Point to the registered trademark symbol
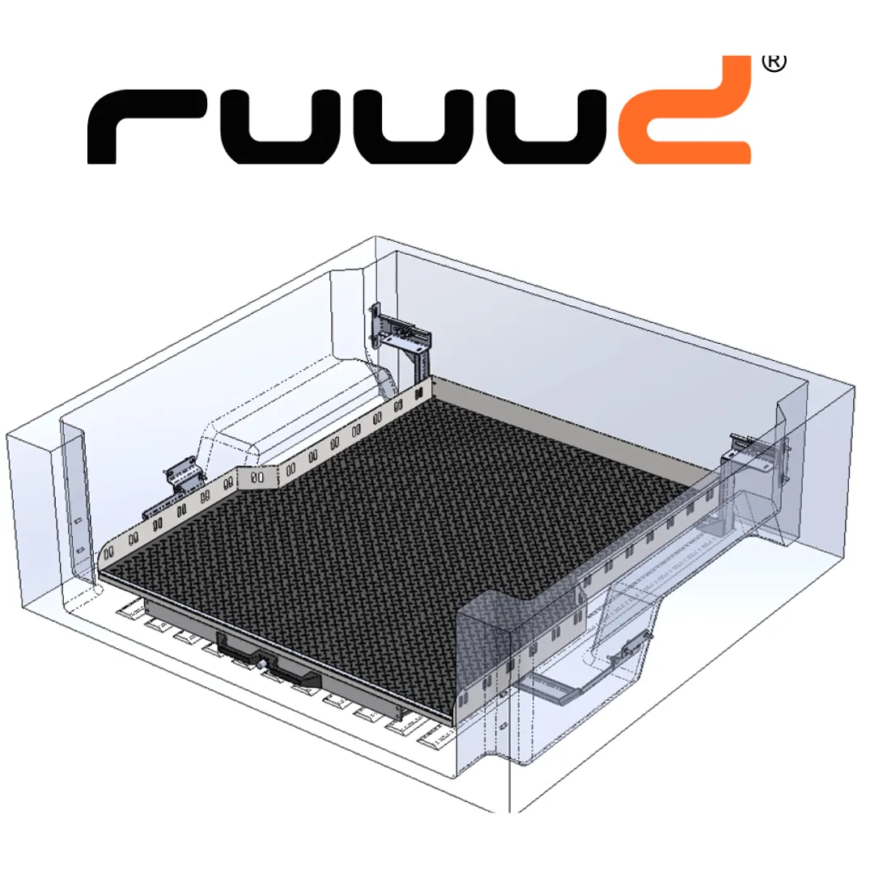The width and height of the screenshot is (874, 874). pos(774,62)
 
